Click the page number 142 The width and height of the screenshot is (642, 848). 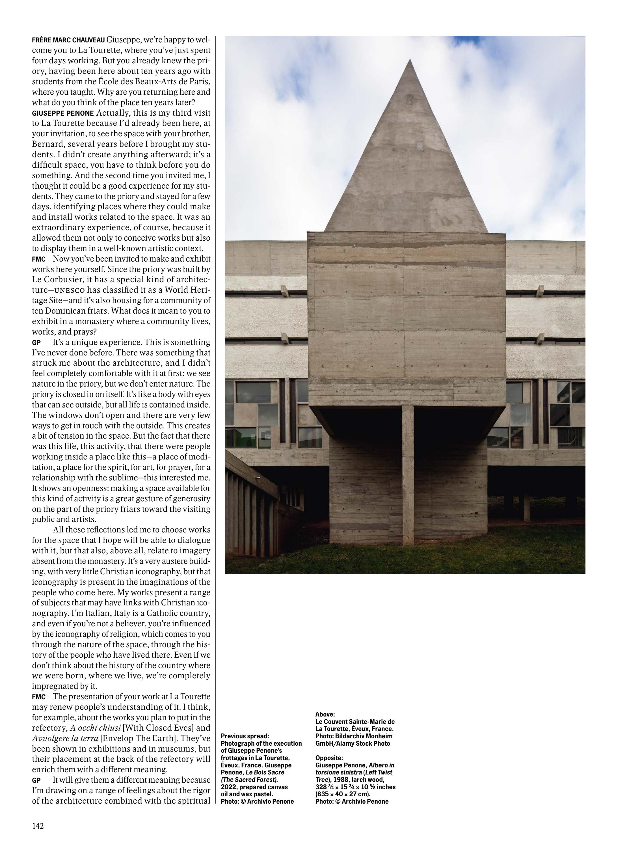tap(38, 826)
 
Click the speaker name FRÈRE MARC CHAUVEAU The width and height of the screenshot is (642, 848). tap(68, 40)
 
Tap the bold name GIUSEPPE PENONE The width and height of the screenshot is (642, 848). tap(62, 113)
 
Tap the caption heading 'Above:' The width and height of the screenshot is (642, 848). tap(325, 714)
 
